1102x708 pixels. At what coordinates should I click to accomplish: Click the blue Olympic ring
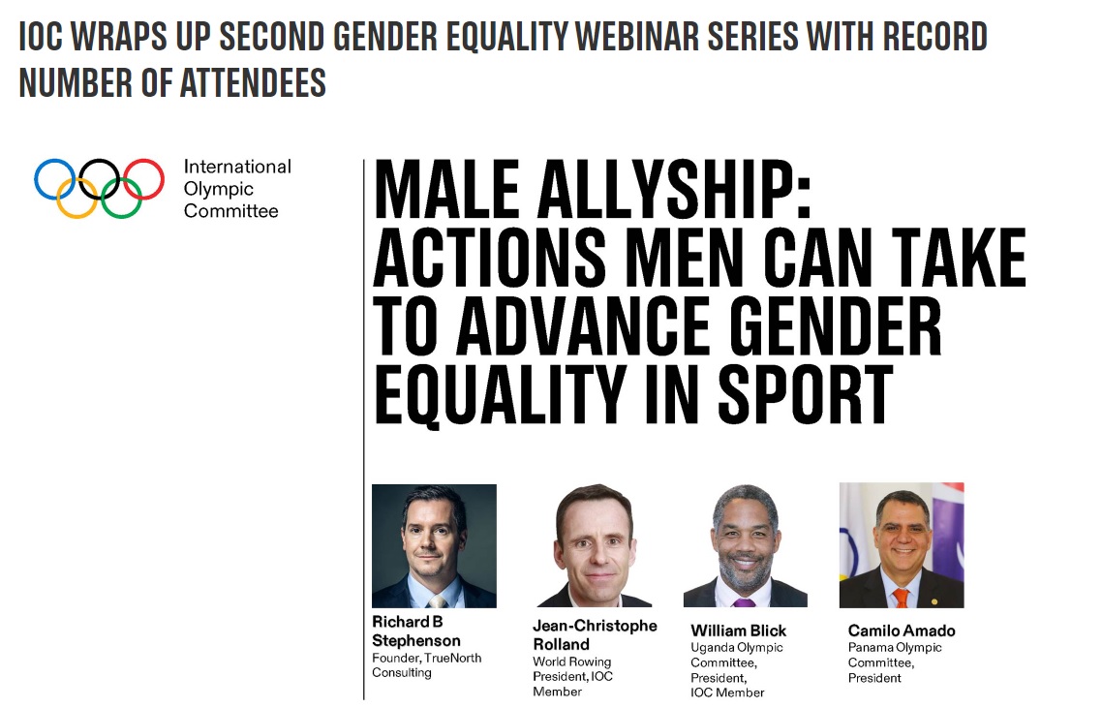click(36, 179)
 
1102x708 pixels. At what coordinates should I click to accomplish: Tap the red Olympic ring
click(163, 179)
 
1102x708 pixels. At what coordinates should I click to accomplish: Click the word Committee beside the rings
click(231, 211)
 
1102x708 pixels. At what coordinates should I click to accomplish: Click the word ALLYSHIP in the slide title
click(674, 190)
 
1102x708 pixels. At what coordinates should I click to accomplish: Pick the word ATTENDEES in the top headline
click(253, 83)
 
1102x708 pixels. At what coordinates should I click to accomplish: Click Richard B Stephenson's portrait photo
click(435, 545)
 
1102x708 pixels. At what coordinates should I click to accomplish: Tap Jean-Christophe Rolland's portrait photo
click(595, 545)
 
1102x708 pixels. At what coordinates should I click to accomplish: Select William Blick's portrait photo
click(746, 545)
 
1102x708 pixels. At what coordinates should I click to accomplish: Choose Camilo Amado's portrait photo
click(902, 545)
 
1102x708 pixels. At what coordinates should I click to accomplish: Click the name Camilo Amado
click(902, 631)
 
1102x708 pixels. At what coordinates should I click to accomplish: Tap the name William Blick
click(739, 631)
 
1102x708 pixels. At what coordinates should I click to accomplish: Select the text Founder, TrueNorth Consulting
click(427, 665)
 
